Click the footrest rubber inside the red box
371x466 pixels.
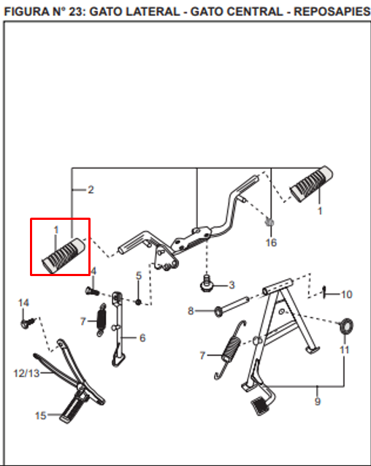pos(64,255)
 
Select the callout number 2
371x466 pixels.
pos(91,190)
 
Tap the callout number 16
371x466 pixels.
pos(271,242)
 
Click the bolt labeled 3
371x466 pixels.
pos(207,284)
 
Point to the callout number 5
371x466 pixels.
pos(139,276)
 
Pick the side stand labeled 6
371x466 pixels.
pos(118,329)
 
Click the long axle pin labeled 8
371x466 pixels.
pos(232,307)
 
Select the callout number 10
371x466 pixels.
pos(346,294)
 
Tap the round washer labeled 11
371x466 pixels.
pos(346,326)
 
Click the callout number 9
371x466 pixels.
pos(318,402)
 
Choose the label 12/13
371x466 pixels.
pos(26,373)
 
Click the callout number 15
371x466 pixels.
pos(41,416)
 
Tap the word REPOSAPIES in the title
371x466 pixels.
pos(332,12)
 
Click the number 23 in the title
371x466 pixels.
pos(77,12)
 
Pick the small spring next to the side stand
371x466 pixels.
pos(102,319)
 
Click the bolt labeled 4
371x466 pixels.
pos(92,291)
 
